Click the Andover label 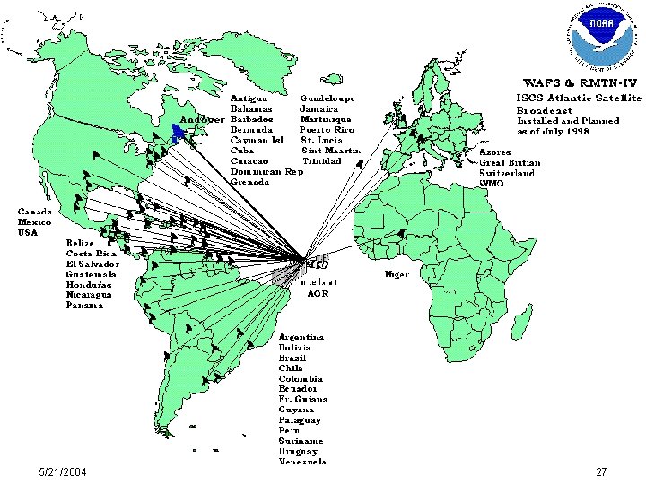(x=202, y=118)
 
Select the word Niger (x=397, y=273)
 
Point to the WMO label (x=492, y=183)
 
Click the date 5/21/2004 (x=63, y=471)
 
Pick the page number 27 (x=601, y=471)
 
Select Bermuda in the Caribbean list (x=252, y=129)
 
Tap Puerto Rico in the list (x=327, y=129)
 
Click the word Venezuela (x=301, y=462)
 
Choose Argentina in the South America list (x=301, y=336)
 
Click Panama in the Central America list (x=84, y=305)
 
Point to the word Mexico (x=34, y=221)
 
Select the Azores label (x=494, y=151)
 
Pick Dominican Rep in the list (x=266, y=171)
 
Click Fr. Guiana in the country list (x=303, y=399)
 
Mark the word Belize (x=81, y=242)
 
